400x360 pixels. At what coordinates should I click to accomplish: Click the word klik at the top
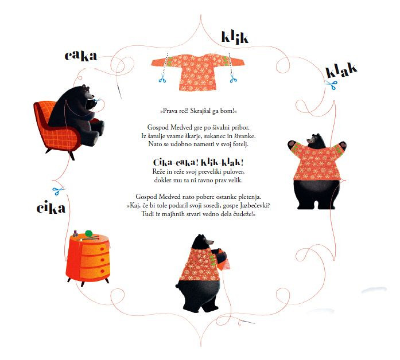click(x=235, y=38)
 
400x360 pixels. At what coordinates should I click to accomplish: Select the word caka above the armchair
click(x=80, y=56)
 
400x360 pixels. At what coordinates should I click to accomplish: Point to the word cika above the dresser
click(x=51, y=207)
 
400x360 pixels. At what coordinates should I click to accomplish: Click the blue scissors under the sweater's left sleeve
click(x=162, y=78)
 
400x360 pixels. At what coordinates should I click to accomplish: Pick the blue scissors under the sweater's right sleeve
click(x=233, y=78)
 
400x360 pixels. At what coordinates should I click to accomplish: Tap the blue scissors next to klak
click(x=331, y=85)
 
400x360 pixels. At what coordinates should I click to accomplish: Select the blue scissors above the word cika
click(x=59, y=190)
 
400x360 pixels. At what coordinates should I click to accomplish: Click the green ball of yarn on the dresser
click(x=88, y=233)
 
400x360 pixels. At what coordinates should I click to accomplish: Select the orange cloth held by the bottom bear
click(x=223, y=260)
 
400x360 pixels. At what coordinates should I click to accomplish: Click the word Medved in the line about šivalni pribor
click(x=180, y=127)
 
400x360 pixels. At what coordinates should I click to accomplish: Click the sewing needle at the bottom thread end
click(x=247, y=322)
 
